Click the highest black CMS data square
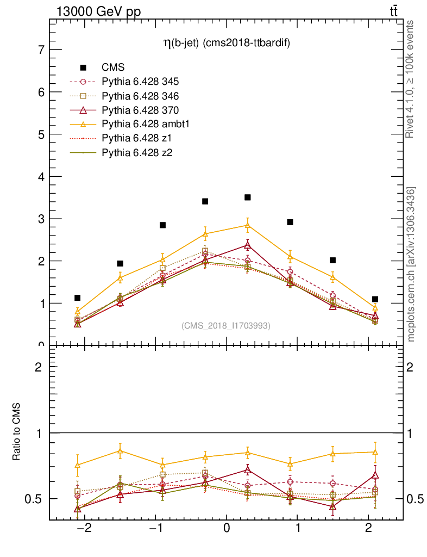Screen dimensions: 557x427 coord(247,197)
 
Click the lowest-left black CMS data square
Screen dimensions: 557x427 coord(78,298)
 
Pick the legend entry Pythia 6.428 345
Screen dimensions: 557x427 coord(140,82)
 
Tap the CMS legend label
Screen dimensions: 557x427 coord(114,67)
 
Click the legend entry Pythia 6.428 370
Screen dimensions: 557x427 coord(140,110)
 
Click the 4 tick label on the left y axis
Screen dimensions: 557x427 coord(41,177)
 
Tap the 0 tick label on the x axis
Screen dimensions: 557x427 coord(226,528)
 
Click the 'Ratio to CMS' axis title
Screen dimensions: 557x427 coord(17,432)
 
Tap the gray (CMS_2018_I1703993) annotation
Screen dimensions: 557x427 coord(225,325)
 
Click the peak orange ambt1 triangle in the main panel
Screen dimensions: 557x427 coord(247,224)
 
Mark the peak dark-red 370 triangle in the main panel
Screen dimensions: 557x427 coord(247,245)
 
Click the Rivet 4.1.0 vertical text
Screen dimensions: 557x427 coord(411,79)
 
